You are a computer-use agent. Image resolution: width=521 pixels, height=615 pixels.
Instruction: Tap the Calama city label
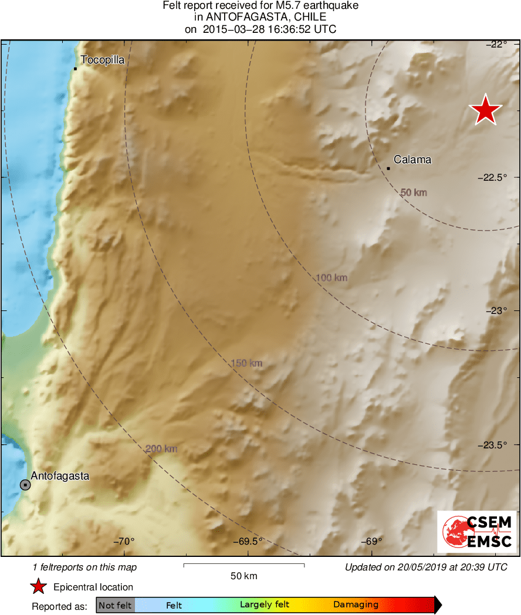[412, 160]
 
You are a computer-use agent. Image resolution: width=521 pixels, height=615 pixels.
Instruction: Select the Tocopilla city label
[103, 60]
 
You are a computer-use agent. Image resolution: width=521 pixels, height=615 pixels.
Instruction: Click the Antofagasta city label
[60, 476]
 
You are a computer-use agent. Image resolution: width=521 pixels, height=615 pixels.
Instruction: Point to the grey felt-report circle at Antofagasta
[25, 485]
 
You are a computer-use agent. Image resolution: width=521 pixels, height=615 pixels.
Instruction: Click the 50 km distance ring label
[413, 192]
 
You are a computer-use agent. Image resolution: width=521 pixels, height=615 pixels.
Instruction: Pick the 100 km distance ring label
[331, 278]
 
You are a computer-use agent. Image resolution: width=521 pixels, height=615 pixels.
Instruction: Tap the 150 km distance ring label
[246, 364]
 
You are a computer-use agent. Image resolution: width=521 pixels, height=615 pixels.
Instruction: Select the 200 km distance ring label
[161, 449]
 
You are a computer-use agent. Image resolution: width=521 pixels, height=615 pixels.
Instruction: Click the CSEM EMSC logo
[476, 532]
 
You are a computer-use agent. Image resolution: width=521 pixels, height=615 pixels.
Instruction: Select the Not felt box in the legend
[115, 605]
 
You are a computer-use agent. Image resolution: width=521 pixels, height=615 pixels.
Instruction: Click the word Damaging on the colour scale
[356, 604]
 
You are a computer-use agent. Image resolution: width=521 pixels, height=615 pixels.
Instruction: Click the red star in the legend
[39, 587]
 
